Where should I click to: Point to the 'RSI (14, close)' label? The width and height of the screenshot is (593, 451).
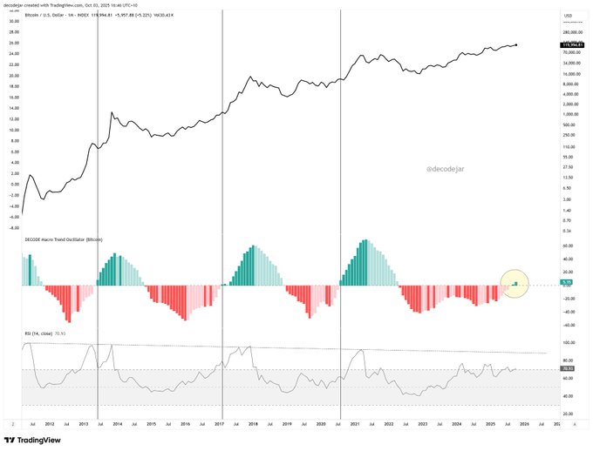[47, 333]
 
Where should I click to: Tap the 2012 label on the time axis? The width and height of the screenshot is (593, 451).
[51, 424]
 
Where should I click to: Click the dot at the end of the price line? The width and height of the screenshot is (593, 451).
[518, 45]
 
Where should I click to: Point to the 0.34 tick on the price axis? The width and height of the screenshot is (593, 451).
[567, 232]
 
